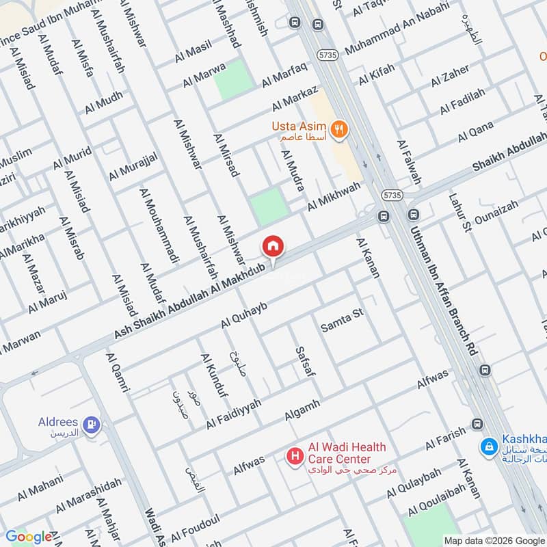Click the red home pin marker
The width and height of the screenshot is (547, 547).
click(x=273, y=246)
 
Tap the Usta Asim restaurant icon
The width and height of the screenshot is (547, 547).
click(x=337, y=129)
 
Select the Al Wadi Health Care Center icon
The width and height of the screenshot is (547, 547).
click(x=295, y=455)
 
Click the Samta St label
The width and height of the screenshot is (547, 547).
click(x=341, y=322)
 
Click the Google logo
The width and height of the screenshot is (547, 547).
click(x=28, y=537)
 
